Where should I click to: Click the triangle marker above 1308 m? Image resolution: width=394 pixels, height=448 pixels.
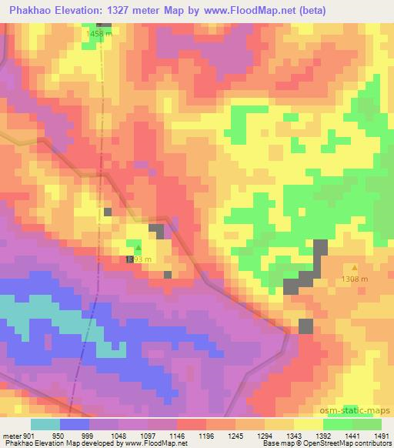tap(355, 268)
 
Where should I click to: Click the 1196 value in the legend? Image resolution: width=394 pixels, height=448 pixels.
tap(206, 435)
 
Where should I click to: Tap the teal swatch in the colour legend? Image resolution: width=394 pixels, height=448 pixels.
tap(45, 424)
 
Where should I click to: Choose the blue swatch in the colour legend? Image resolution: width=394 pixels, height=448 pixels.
tap(75, 424)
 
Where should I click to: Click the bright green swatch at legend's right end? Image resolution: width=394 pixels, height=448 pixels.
tap(366, 424)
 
